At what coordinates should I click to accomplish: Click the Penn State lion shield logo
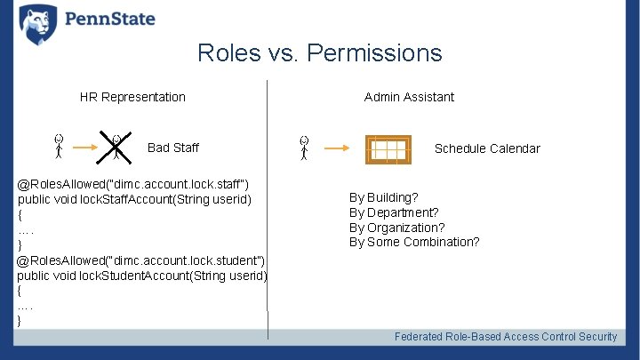37,24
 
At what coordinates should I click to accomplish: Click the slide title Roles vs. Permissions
319,53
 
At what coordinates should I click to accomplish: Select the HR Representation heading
132,97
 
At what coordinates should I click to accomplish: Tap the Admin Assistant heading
409,97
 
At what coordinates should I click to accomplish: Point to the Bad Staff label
173,148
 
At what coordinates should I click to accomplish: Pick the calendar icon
388,149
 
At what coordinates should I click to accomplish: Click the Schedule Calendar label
486,148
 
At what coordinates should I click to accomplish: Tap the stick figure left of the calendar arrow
305,148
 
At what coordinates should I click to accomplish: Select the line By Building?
383,197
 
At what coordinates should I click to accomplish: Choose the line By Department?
393,212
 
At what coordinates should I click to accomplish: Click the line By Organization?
396,228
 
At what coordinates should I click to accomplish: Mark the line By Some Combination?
414,242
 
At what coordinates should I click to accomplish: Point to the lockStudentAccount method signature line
142,275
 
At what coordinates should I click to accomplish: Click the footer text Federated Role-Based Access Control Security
505,337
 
